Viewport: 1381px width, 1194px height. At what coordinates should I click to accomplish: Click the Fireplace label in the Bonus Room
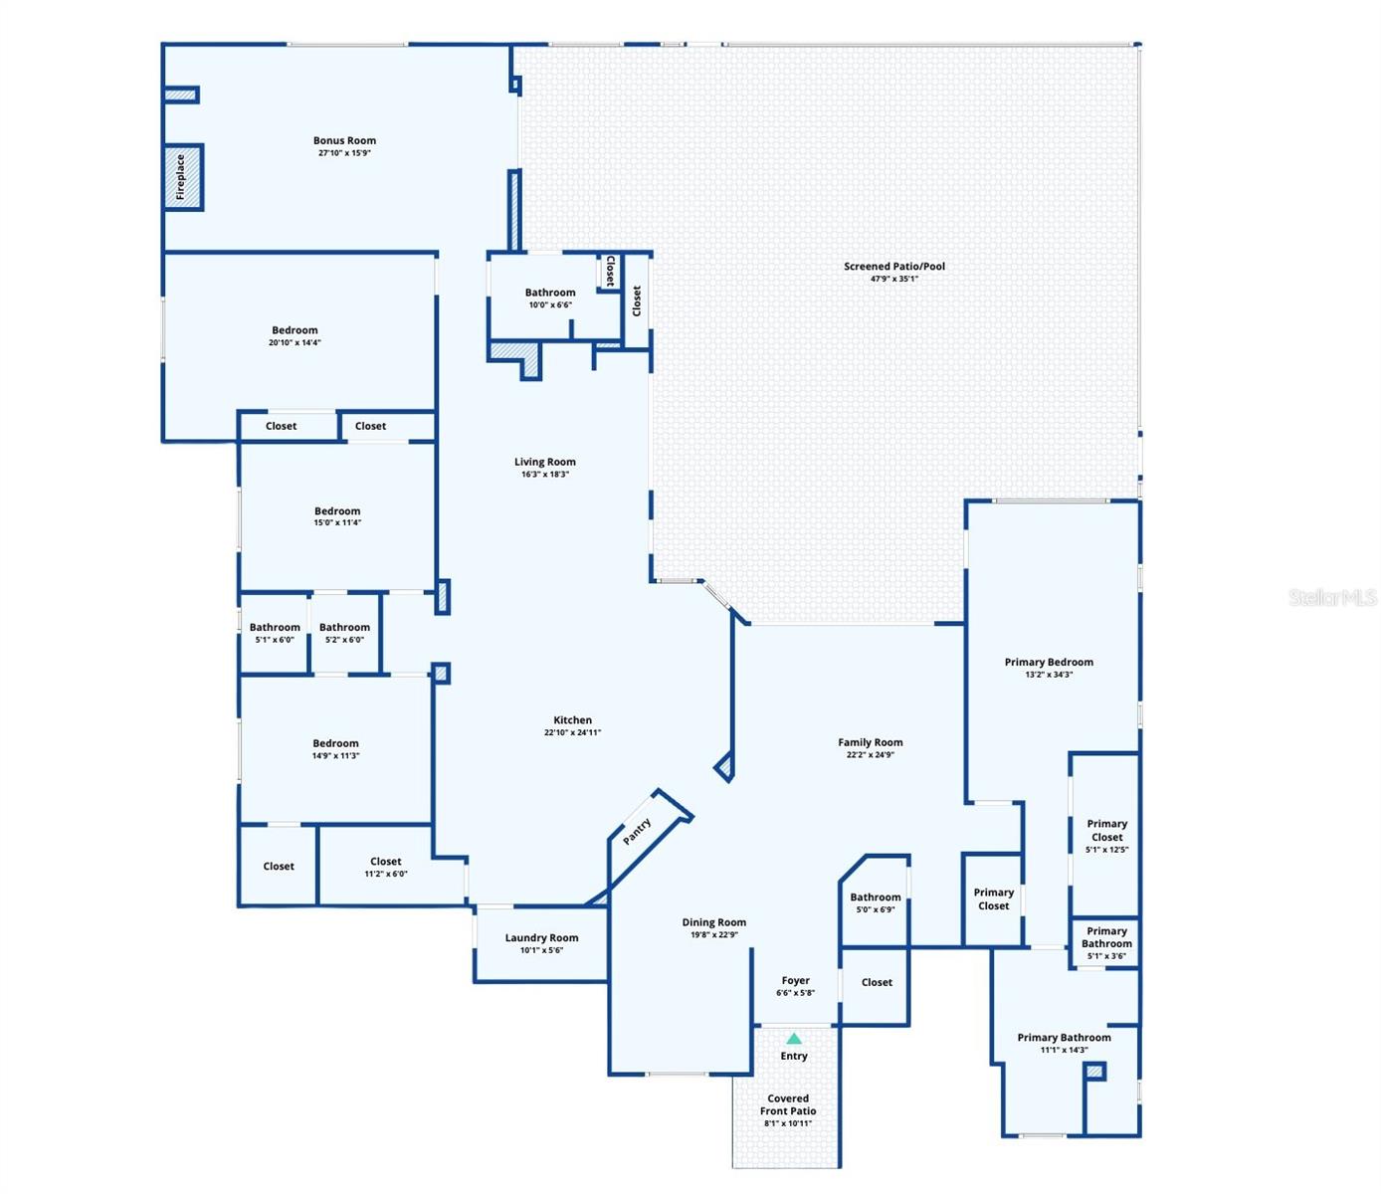181,177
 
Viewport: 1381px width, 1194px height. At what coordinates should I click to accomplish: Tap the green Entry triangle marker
794,1039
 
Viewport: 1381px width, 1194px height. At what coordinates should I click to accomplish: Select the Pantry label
637,831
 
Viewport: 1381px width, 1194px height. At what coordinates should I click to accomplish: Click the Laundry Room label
541,937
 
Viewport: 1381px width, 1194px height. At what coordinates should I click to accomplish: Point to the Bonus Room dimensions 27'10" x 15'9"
344,153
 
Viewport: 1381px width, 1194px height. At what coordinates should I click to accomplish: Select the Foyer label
795,980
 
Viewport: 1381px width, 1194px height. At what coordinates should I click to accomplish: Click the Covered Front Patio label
788,1105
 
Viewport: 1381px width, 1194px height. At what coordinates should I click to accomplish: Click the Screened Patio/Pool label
894,266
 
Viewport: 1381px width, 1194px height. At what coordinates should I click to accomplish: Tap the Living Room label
544,462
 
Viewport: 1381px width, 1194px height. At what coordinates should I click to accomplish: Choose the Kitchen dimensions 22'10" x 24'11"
572,732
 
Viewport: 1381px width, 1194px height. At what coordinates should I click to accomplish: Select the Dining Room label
714,922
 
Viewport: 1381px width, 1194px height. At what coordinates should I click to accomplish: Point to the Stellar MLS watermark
1332,598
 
